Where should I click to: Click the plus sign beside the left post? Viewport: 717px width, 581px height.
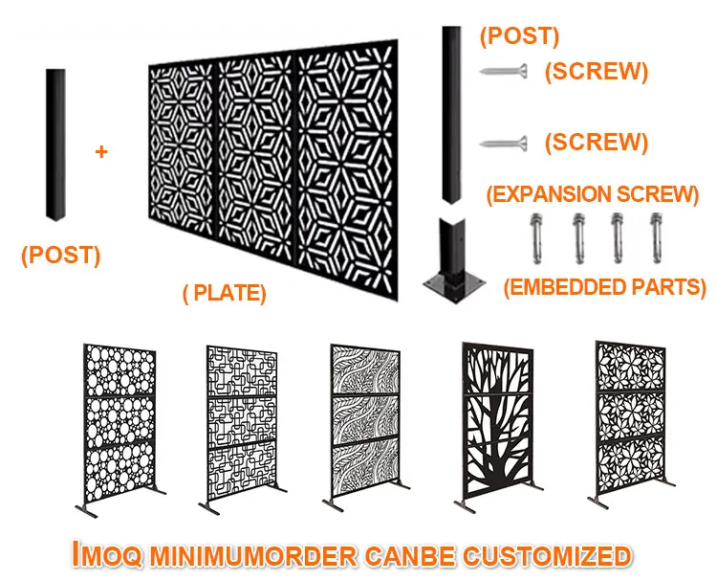(102, 152)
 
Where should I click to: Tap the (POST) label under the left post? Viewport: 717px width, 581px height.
(60, 255)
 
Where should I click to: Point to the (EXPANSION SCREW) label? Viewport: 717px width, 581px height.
(592, 194)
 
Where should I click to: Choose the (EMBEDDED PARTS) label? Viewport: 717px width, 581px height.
(605, 286)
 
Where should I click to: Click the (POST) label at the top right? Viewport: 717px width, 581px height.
(519, 37)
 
